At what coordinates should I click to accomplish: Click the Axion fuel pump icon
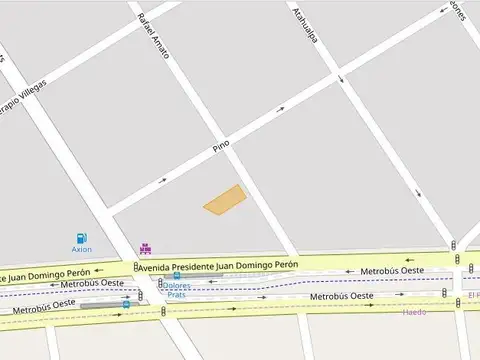[80, 238]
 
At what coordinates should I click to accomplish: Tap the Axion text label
[82, 249]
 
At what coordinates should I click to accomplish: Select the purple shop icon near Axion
[146, 248]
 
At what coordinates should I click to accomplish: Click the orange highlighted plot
[225, 199]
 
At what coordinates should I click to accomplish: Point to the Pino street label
[221, 145]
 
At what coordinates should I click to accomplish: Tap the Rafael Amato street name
[154, 34]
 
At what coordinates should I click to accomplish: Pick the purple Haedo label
[414, 312]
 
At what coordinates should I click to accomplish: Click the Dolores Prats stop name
[177, 290]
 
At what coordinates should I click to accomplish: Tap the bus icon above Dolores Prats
[177, 276]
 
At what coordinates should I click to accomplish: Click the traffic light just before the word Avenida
[136, 267]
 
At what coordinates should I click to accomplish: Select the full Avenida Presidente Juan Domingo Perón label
[219, 267]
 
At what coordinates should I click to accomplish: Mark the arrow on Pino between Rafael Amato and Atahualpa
[282, 109]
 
